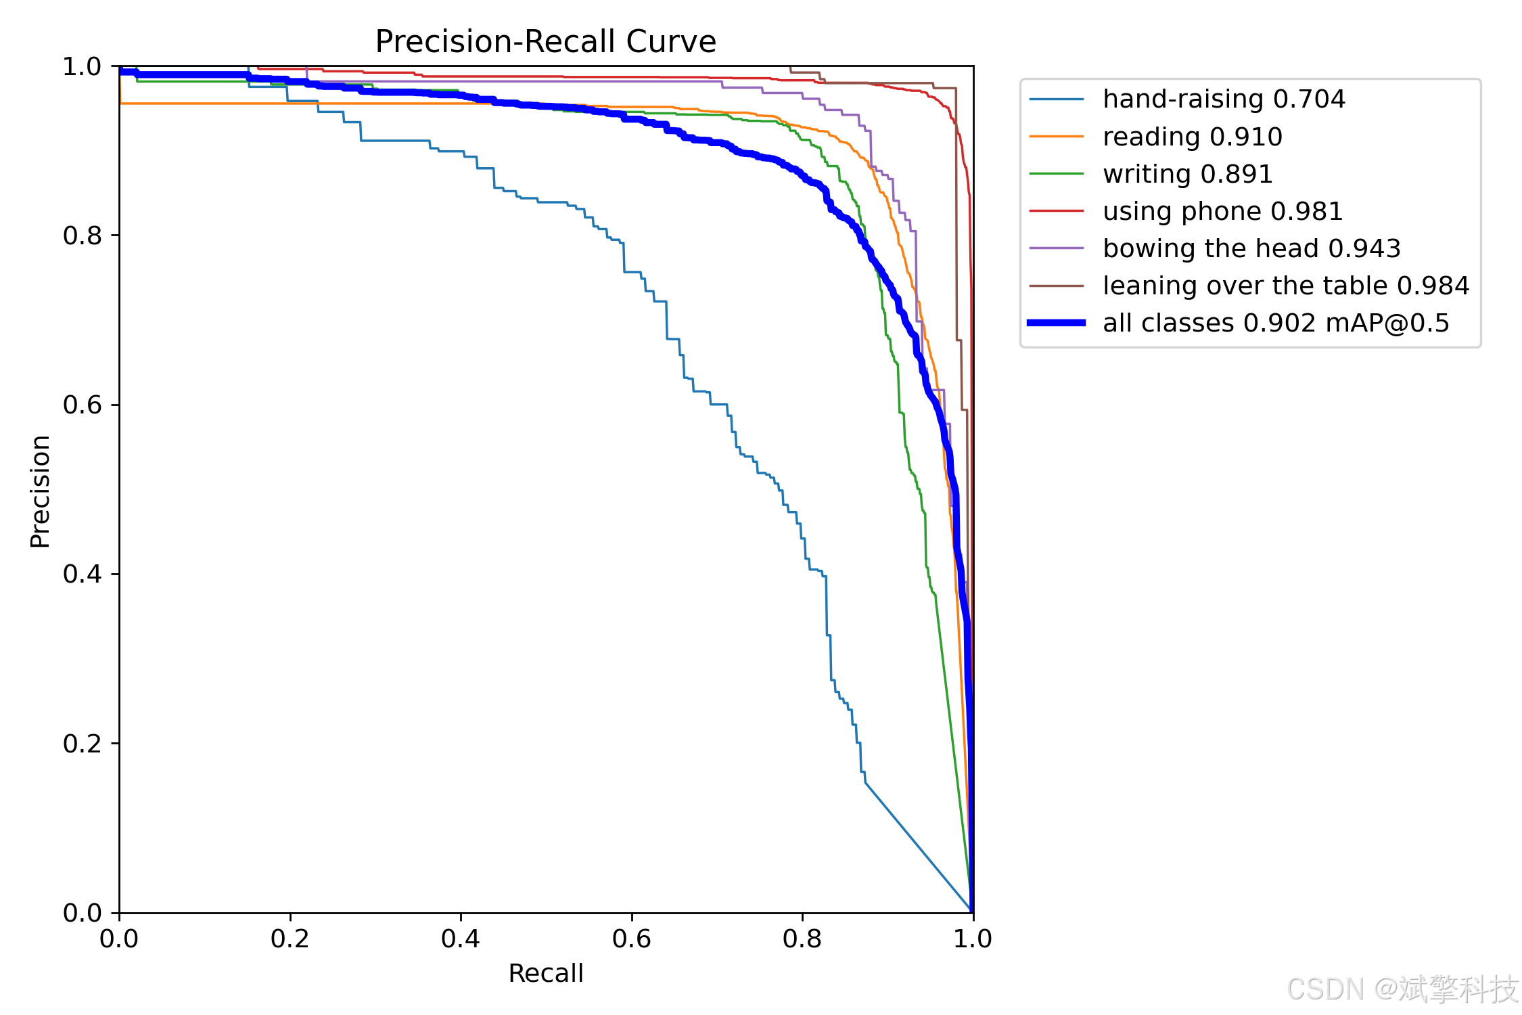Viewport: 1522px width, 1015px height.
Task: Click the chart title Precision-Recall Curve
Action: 545,42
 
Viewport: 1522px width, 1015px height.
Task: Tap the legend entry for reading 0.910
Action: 1192,137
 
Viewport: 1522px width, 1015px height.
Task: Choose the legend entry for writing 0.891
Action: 1187,174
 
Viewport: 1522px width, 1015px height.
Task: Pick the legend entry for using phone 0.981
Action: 1222,211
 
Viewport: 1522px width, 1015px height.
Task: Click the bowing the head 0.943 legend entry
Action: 1251,248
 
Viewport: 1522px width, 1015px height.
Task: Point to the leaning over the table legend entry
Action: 1285,286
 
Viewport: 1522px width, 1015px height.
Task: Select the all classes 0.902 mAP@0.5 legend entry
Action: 1275,323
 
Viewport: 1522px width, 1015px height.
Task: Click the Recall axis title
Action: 545,973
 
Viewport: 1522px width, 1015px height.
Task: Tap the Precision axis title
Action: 41,491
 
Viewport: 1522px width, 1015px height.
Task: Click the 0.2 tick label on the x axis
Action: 290,939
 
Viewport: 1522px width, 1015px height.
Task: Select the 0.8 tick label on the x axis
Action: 802,939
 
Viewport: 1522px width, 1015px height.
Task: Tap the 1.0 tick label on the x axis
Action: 972,939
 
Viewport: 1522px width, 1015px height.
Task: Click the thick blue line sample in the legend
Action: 1056,323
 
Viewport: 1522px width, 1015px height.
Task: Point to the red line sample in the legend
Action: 1056,211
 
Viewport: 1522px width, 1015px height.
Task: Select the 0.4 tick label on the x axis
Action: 460,939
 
